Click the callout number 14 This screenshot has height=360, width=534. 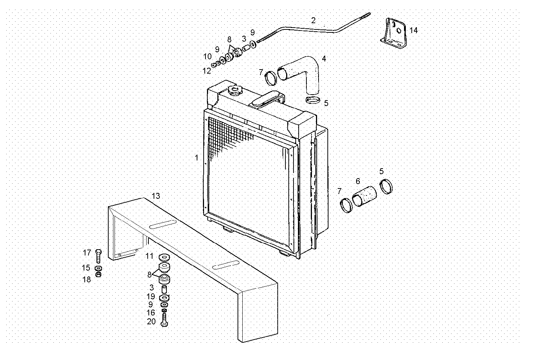point(414,30)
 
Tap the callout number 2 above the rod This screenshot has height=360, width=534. point(313,20)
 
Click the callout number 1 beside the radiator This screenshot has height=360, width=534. point(197,158)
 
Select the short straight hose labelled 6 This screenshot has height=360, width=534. point(365,197)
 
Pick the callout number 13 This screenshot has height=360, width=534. point(156,196)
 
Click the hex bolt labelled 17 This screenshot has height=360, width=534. point(98,256)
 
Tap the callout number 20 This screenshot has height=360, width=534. point(151,321)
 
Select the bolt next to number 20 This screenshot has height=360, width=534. point(164,319)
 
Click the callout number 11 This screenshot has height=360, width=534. point(150,256)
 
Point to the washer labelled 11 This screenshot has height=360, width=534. point(164,257)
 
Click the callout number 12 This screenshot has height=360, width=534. point(207,71)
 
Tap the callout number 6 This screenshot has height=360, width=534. point(358,181)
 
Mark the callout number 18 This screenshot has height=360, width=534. point(87,280)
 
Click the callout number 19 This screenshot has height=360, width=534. point(151,296)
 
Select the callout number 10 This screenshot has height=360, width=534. point(207,57)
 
